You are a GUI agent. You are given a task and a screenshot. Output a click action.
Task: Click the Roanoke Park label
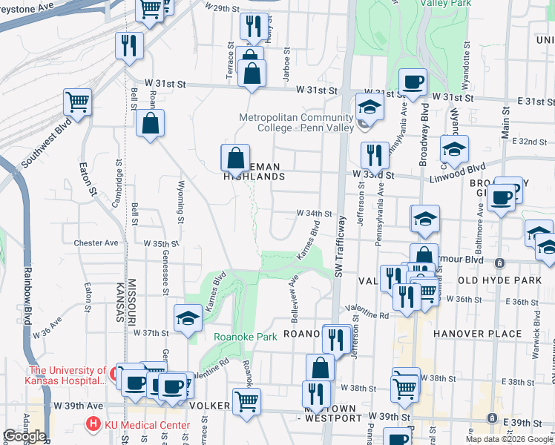point(245,337)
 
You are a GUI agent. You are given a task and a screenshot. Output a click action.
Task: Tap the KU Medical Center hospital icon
point(93,425)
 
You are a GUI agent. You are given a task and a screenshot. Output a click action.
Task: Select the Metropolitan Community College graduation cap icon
point(369,107)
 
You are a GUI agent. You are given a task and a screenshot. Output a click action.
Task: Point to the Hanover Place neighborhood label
point(478,334)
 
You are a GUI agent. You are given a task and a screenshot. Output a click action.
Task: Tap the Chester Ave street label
point(96,243)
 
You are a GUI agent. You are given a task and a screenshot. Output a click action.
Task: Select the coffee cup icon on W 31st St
point(413,81)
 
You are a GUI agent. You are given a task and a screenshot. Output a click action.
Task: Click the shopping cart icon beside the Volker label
point(246,401)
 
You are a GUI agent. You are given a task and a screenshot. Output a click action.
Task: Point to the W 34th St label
point(314,213)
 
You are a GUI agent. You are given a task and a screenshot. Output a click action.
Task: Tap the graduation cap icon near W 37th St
point(188,318)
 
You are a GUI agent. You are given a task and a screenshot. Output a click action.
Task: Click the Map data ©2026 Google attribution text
point(509,439)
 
